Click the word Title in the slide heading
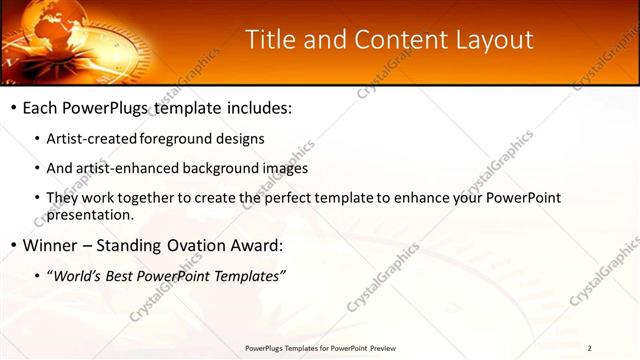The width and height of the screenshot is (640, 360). pyautogui.click(x=270, y=40)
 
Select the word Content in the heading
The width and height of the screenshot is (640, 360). pyautogui.click(x=392, y=40)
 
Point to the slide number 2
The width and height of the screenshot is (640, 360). pyautogui.click(x=590, y=348)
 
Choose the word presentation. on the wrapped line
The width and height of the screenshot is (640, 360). pyautogui.click(x=90, y=214)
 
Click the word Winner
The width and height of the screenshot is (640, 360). pyautogui.click(x=49, y=245)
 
